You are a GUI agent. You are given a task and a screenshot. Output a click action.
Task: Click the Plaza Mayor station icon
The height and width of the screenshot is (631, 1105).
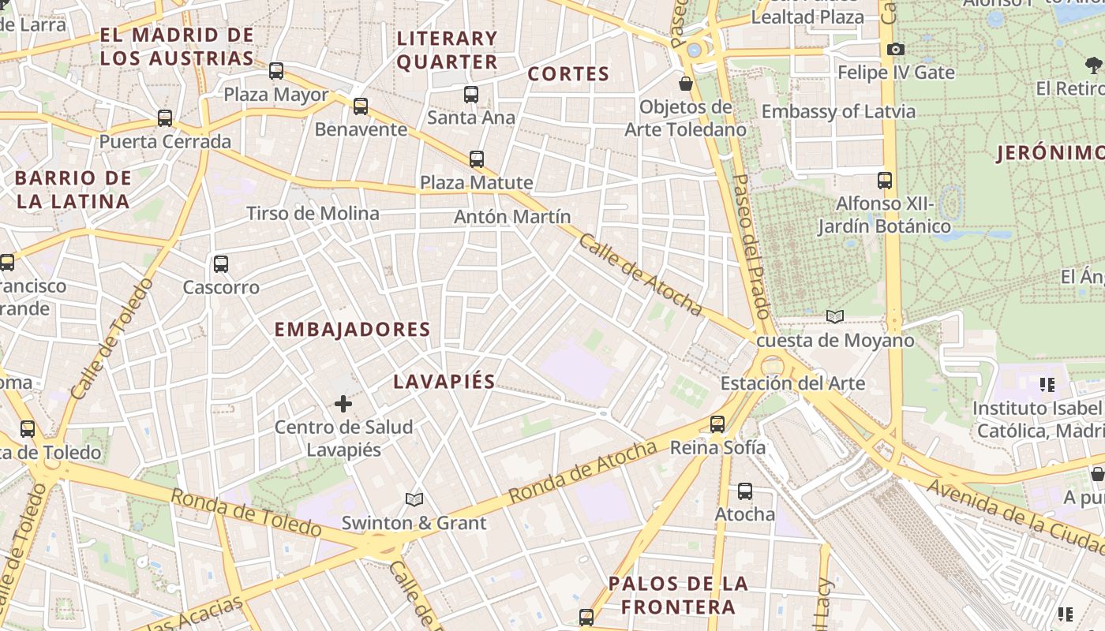[x=276, y=71]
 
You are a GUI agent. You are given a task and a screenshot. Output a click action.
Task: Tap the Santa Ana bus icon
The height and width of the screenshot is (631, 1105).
[x=471, y=95]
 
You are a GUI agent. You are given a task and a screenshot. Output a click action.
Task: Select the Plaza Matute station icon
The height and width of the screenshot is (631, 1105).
[x=477, y=159]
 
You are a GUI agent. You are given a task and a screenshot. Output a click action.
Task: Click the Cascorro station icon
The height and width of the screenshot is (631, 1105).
[x=221, y=264]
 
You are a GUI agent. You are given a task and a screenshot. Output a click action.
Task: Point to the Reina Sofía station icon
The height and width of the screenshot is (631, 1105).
[x=717, y=424]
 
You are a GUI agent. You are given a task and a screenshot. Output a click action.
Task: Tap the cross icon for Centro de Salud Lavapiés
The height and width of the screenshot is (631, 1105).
[x=343, y=404]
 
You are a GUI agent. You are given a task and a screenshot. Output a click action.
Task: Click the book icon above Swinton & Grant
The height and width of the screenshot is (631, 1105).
[x=414, y=499]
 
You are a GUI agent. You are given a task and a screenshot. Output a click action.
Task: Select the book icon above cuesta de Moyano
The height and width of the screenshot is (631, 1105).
[x=835, y=316]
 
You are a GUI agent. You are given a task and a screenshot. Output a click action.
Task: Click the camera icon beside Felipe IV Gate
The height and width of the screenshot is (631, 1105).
[x=895, y=50]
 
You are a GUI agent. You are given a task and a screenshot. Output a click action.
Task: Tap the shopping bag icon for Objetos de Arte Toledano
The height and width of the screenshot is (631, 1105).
[x=686, y=83]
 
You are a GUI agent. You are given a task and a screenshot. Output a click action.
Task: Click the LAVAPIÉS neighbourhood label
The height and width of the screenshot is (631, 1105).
[x=444, y=382]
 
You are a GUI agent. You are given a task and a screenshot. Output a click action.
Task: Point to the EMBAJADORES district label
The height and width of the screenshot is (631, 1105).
[x=352, y=330]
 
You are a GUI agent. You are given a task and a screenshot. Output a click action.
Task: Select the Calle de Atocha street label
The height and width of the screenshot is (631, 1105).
[x=640, y=274]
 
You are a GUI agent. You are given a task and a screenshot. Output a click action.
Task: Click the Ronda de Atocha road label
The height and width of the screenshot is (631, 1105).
[x=582, y=472]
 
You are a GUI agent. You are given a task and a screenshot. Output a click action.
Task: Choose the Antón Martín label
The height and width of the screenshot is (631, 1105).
[x=512, y=216]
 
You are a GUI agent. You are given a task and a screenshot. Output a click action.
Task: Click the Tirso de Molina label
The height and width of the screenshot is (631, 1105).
[x=313, y=214]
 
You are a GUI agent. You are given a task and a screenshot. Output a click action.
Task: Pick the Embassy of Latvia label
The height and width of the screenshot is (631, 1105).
[x=838, y=111]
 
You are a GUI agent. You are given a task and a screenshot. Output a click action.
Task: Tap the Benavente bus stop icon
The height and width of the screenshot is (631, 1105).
[x=361, y=106]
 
